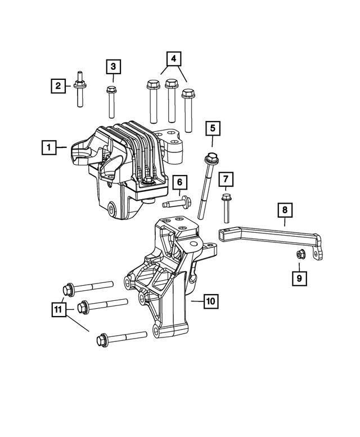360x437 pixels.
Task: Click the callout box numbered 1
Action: tap(49, 148)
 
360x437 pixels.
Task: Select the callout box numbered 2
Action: tap(58, 86)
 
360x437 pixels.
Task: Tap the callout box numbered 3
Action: tap(112, 67)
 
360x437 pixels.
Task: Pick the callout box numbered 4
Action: tap(174, 58)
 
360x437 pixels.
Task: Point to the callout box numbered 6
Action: tap(179, 182)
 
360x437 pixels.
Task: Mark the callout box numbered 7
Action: tap(226, 180)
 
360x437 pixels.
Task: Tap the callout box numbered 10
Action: tap(210, 301)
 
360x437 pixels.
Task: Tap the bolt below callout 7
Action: tap(226, 208)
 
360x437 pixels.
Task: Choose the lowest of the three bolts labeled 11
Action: tap(121, 339)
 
